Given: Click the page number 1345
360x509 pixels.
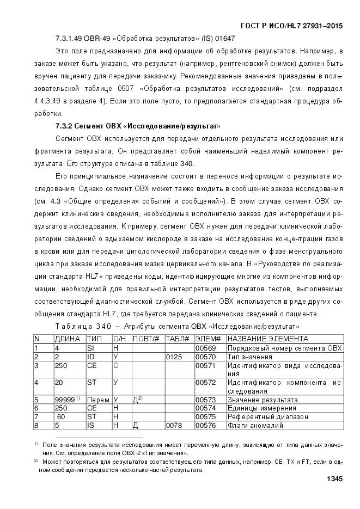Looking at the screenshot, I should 334,479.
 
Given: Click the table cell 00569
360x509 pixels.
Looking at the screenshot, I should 203,348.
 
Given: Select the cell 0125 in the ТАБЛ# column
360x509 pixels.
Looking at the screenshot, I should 173,356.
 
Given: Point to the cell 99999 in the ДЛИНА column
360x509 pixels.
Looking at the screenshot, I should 65,399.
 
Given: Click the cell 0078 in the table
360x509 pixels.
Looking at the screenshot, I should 173,425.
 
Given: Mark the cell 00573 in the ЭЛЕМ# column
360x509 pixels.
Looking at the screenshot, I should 203,400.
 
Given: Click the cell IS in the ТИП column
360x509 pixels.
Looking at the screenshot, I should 91,425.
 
